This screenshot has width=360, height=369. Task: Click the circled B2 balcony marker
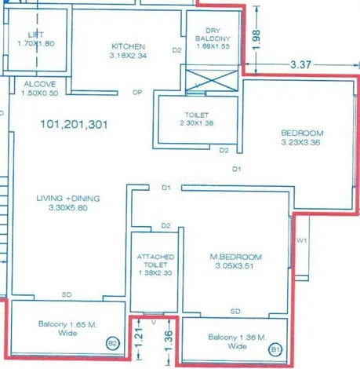(x=113, y=343)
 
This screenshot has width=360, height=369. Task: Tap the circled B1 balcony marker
(x=275, y=349)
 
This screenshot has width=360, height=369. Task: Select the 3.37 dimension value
(x=301, y=64)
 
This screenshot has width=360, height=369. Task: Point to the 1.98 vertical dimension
(x=256, y=39)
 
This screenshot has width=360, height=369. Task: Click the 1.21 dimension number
(x=139, y=338)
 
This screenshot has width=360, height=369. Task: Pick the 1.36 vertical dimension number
(x=169, y=341)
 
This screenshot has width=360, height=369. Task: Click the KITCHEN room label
(x=128, y=46)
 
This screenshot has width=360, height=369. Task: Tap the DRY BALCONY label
(x=213, y=35)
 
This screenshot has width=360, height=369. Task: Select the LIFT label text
(x=36, y=35)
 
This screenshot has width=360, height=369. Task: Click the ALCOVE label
(x=40, y=84)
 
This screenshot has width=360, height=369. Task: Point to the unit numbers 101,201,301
(x=74, y=124)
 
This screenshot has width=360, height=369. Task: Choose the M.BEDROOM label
(x=235, y=257)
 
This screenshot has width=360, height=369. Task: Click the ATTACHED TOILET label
(x=155, y=261)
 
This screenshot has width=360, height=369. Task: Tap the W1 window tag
(x=301, y=240)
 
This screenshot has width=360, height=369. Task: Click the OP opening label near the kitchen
(x=137, y=92)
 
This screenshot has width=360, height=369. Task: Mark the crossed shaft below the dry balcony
(x=212, y=80)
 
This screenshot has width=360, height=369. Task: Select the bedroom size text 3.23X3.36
(x=300, y=143)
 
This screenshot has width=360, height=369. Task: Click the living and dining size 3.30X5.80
(x=68, y=208)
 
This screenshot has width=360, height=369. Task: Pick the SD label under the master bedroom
(x=235, y=312)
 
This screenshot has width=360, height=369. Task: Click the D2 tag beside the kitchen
(x=176, y=50)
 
